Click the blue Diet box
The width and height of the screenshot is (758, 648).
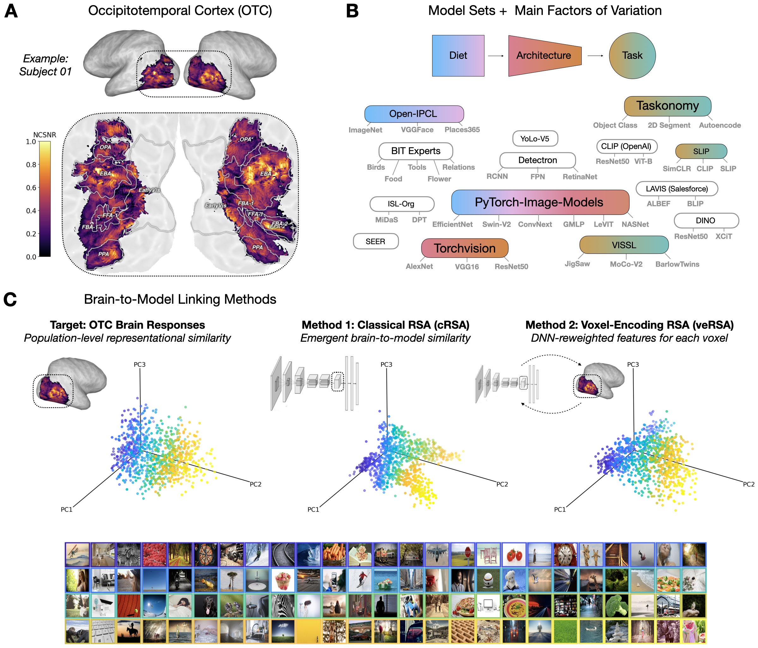(x=458, y=56)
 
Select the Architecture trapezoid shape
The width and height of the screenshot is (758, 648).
(x=544, y=56)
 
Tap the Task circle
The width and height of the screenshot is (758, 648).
(x=632, y=56)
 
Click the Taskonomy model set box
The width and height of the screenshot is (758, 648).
(x=667, y=106)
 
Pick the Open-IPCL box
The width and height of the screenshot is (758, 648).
(x=414, y=114)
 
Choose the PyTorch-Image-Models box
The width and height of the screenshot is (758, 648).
(x=540, y=202)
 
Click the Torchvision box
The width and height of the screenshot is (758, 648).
(x=464, y=248)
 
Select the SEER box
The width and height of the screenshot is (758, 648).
(x=375, y=241)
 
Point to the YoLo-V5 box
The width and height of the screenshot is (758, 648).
(x=535, y=139)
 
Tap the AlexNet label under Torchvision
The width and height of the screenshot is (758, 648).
(x=419, y=266)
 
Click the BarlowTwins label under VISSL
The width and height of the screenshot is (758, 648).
(x=677, y=264)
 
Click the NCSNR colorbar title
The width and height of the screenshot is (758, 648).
(x=45, y=135)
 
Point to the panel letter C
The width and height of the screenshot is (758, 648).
(x=10, y=299)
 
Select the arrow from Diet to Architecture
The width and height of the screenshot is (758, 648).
(x=496, y=56)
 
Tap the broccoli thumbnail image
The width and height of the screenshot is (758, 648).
(x=616, y=606)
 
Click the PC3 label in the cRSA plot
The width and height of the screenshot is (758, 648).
(x=386, y=364)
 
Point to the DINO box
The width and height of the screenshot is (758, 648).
(x=706, y=221)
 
